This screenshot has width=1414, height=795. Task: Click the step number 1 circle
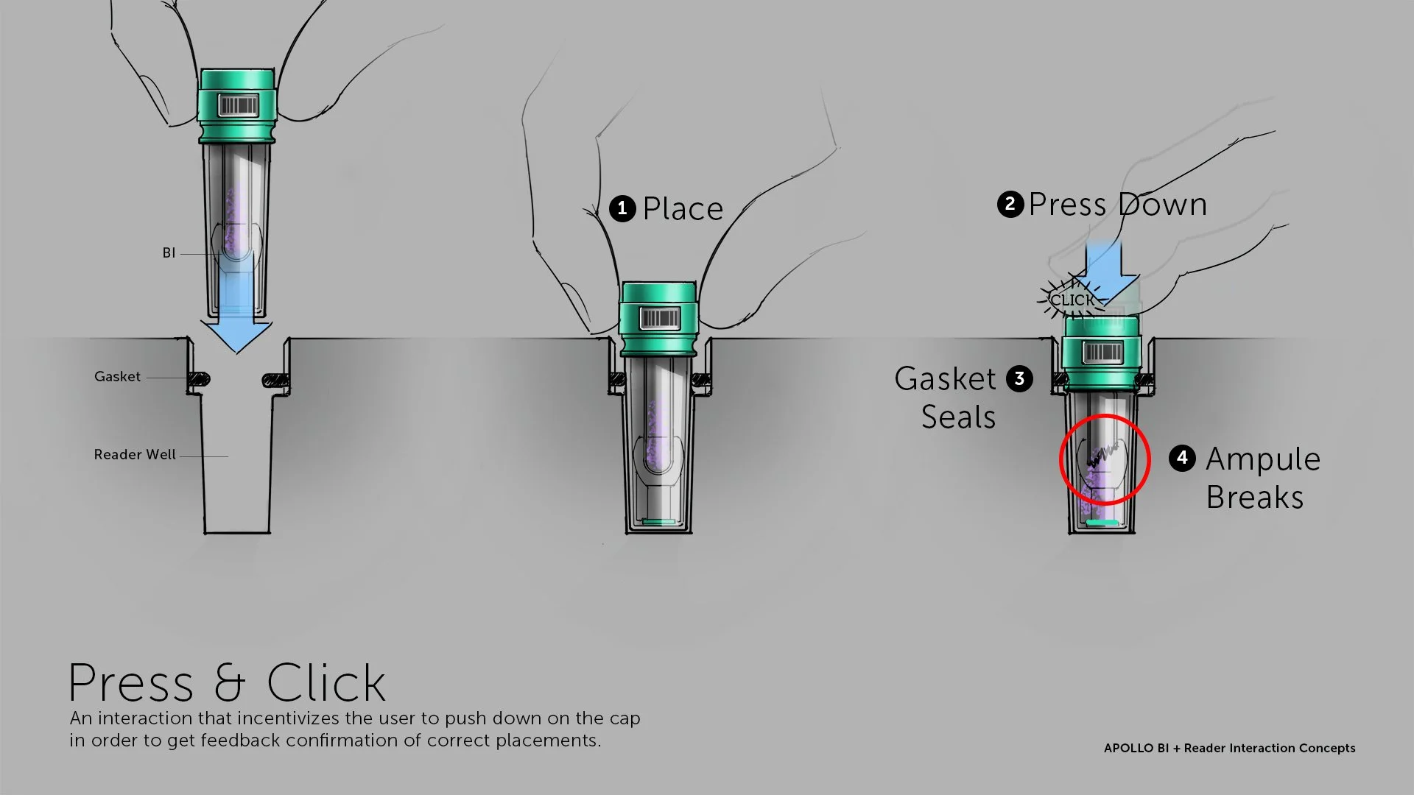tap(622, 209)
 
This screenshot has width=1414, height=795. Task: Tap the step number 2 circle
tap(1010, 204)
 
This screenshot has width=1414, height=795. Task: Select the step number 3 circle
tap(1019, 379)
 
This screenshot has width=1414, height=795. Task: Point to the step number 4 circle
tap(1182, 458)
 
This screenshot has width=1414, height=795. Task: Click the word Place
tap(683, 209)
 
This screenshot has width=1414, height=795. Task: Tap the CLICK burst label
tap(1072, 300)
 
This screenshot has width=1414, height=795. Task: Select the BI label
tap(169, 253)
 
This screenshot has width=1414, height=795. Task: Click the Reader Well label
tap(135, 455)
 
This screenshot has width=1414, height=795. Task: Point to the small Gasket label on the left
tap(117, 377)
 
